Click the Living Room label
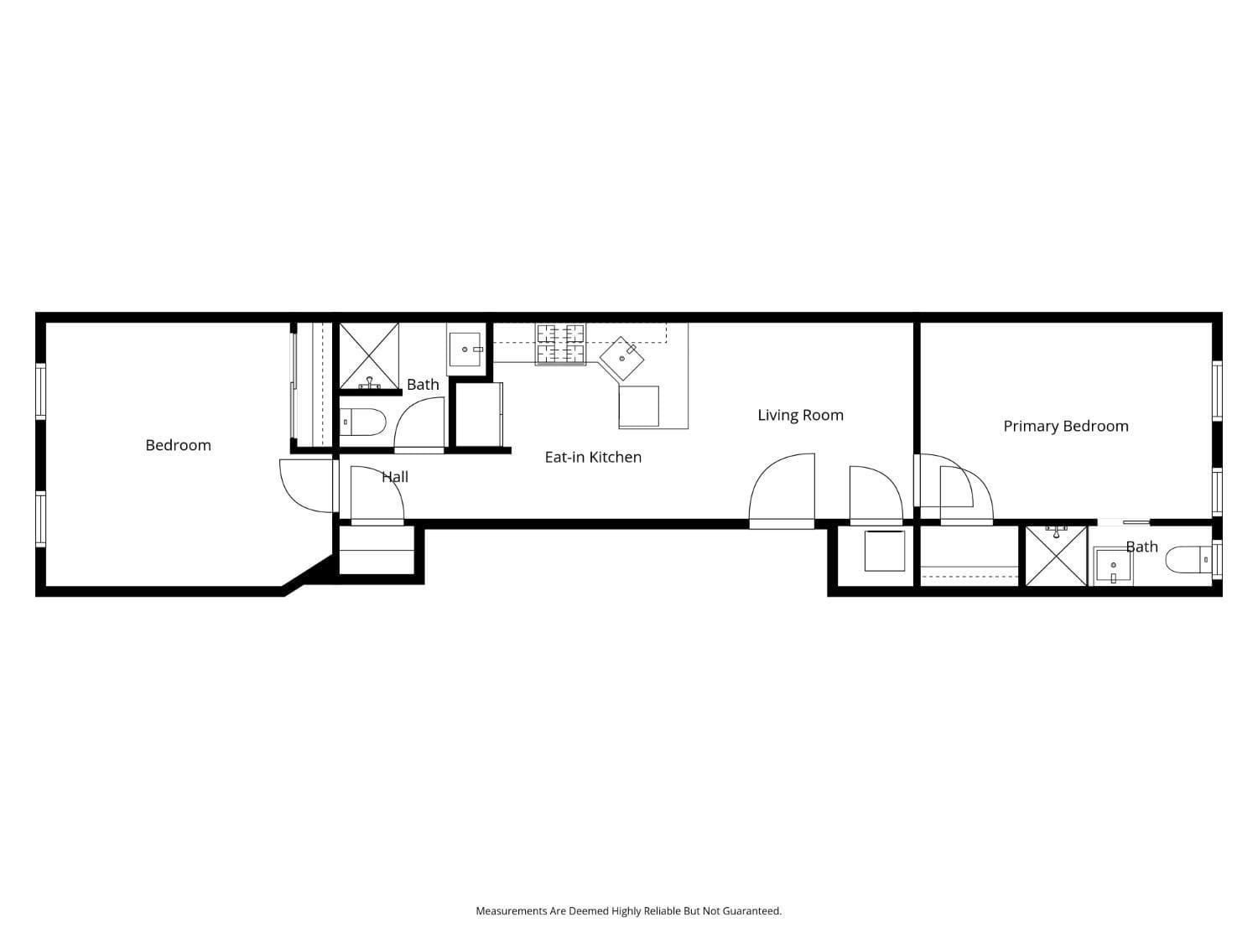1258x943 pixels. click(x=800, y=415)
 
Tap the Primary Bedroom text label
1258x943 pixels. click(x=1065, y=426)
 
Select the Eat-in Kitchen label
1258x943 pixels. click(x=593, y=457)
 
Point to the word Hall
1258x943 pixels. click(x=395, y=477)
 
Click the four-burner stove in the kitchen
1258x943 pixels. click(x=560, y=344)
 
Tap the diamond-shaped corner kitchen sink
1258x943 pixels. click(x=622, y=358)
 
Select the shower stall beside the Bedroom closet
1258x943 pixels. click(x=369, y=355)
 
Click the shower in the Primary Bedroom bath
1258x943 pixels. click(x=1056, y=555)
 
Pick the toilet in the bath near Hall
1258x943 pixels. click(x=363, y=422)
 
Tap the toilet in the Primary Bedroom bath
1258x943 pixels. click(x=1188, y=559)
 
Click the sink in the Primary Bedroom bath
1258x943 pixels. click(x=1113, y=567)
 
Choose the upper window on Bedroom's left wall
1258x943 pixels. click(x=40, y=391)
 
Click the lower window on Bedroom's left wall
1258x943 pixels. click(x=40, y=520)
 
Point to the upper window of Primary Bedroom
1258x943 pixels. click(x=1217, y=390)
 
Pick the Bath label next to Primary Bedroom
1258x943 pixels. click(x=1141, y=547)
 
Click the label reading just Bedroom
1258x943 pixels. click(x=178, y=445)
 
